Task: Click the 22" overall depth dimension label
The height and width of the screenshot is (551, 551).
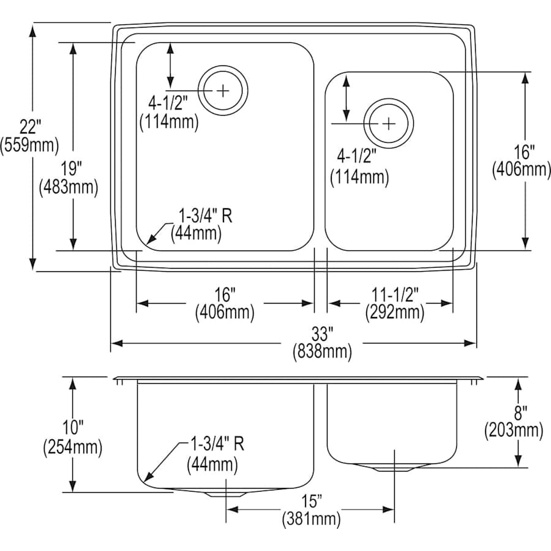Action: pos(29,127)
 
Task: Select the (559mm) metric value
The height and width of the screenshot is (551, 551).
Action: pos(29,145)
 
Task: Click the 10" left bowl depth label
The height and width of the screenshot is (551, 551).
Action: pos(72,430)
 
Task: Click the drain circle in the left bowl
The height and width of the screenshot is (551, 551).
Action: pos(223,91)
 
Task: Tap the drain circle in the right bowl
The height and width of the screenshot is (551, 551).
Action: pos(389,123)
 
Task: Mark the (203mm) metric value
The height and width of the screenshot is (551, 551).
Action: pos(514,431)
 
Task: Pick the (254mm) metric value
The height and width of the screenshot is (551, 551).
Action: pos(72,448)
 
